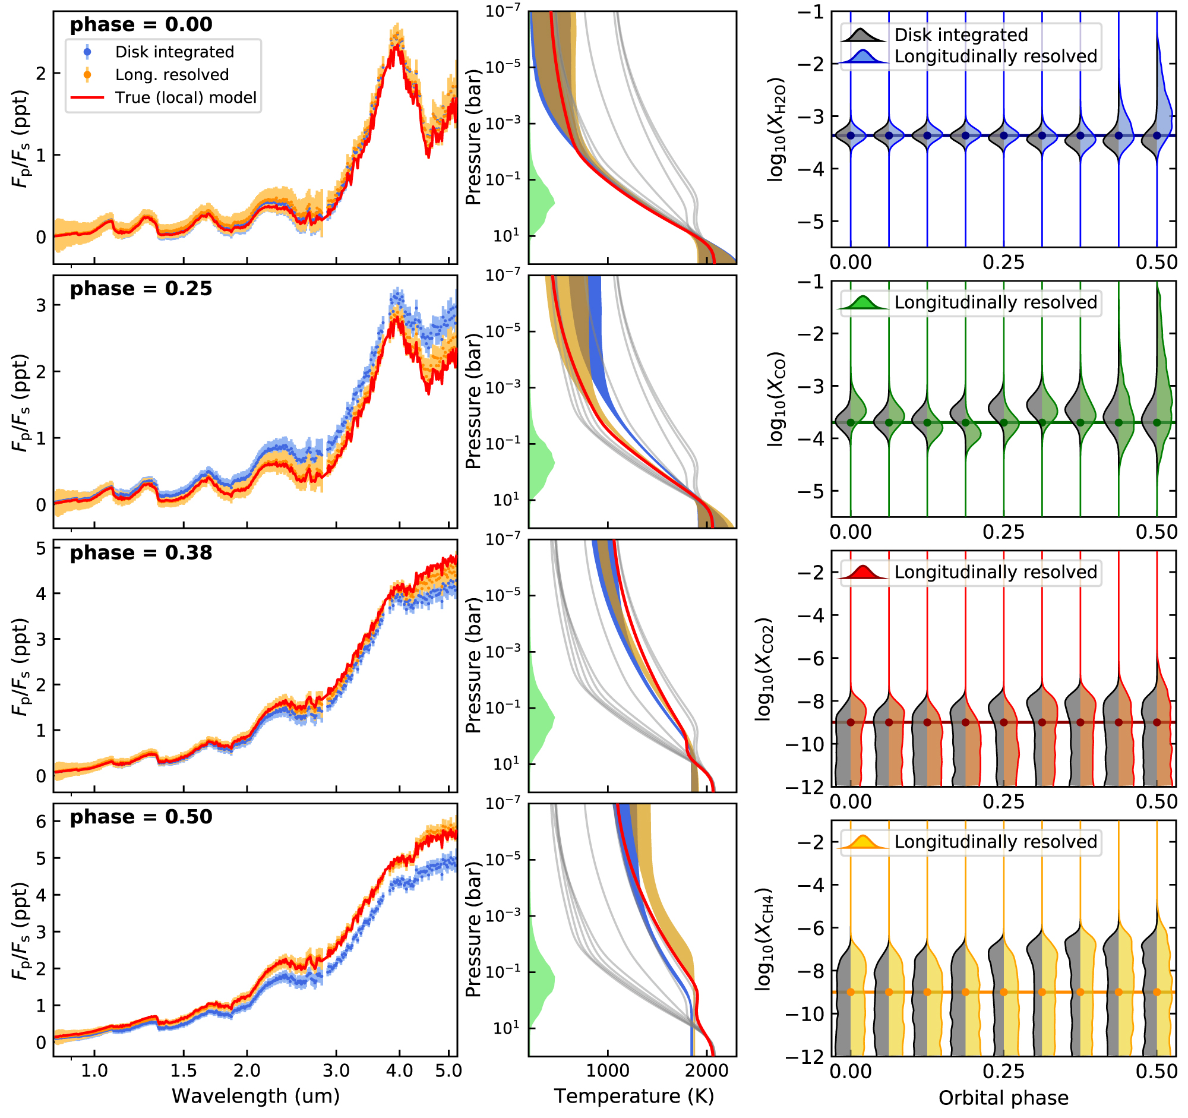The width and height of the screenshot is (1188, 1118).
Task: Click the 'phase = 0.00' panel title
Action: (141, 25)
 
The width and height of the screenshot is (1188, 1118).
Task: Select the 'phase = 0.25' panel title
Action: (141, 289)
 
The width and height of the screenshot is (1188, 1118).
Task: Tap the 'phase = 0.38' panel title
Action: (141, 553)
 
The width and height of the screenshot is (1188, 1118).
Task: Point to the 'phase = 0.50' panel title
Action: (141, 817)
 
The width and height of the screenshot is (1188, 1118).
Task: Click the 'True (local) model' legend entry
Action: (185, 98)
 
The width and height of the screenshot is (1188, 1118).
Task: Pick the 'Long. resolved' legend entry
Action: (172, 75)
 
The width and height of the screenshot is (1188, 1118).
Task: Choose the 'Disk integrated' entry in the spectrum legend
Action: (174, 53)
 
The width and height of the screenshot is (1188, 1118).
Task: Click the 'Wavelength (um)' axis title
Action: (256, 1097)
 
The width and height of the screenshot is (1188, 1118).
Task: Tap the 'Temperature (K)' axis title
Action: (634, 1097)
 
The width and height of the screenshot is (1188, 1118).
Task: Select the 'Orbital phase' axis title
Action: (1003, 1098)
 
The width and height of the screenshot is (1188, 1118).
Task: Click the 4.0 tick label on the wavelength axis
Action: (399, 1071)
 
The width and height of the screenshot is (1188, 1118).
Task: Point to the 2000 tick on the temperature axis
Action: (707, 1071)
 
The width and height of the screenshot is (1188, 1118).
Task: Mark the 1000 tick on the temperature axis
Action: (608, 1071)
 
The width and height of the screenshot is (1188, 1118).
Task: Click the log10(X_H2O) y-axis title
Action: (776, 130)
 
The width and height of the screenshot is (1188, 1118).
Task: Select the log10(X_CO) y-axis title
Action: (776, 399)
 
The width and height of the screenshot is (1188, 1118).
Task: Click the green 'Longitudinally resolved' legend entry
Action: (995, 303)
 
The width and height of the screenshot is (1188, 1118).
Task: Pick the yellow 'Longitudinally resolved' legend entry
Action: (995, 842)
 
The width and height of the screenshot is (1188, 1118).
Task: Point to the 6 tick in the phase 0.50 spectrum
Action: (40, 822)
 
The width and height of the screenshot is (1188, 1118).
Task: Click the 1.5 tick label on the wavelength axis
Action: (183, 1071)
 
